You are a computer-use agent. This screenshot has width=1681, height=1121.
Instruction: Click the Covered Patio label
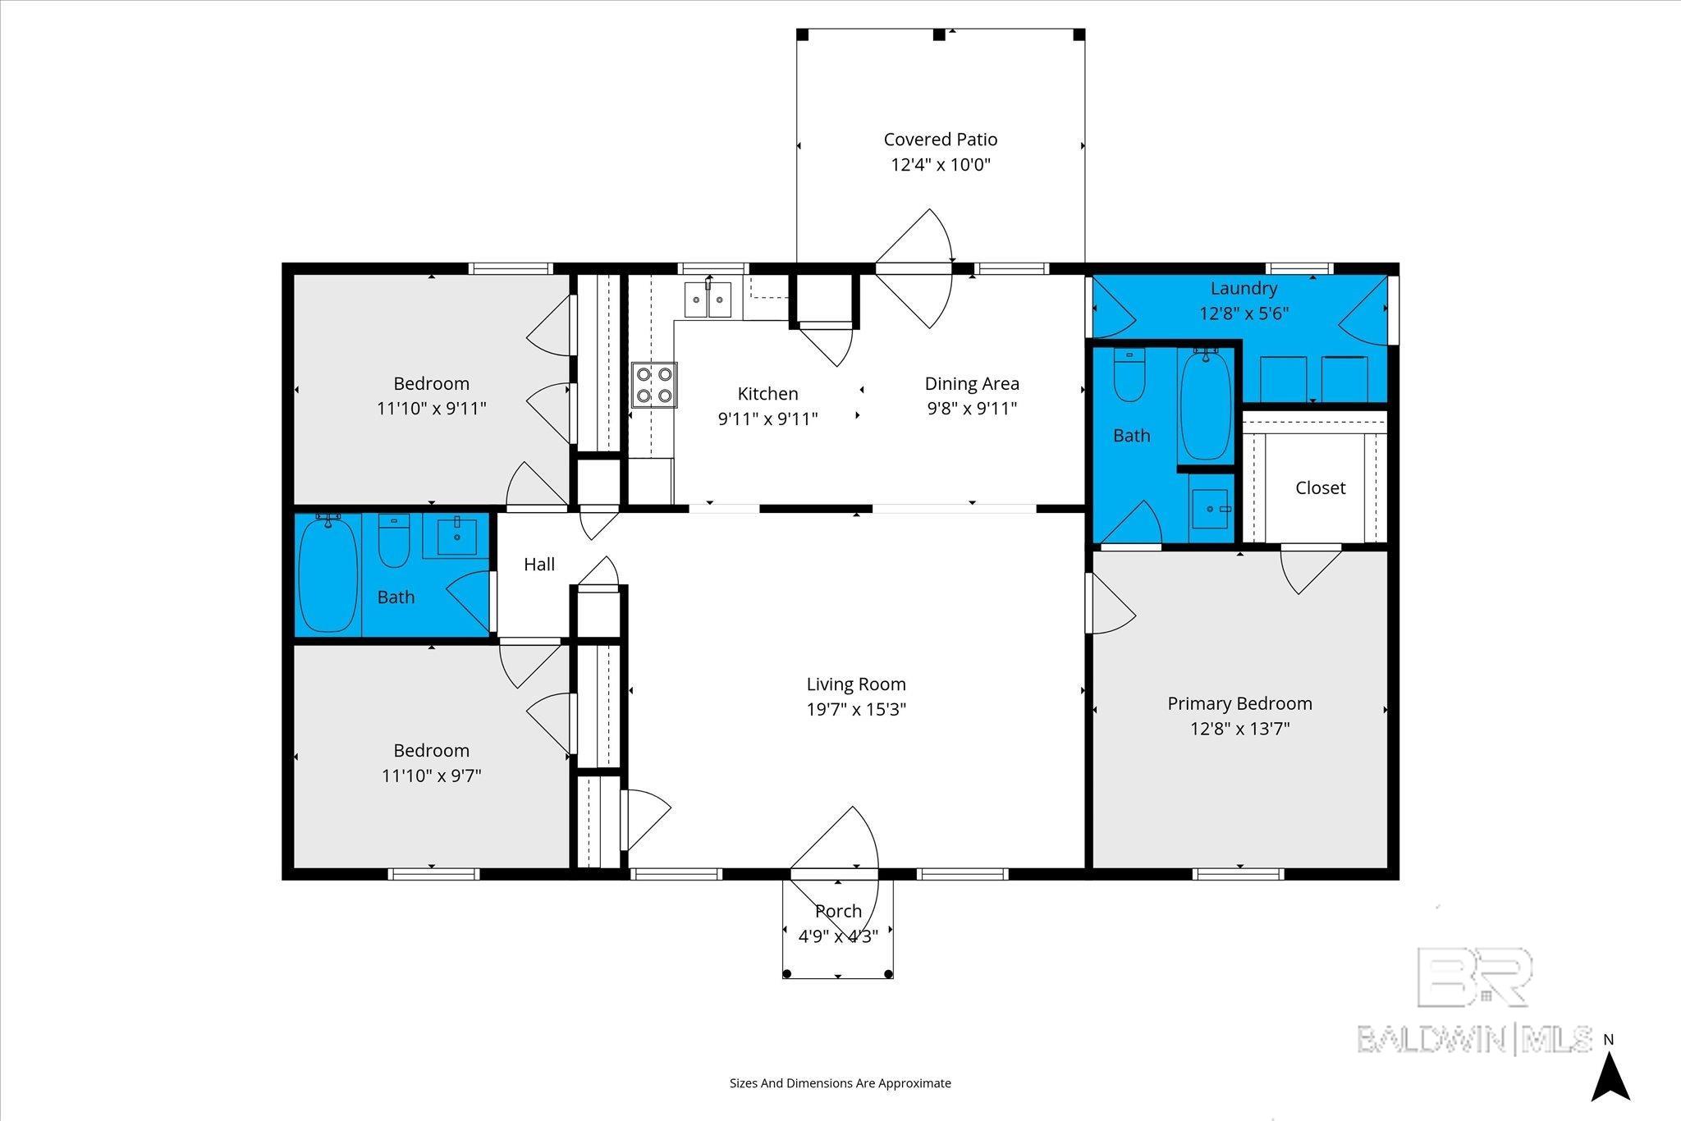(941, 140)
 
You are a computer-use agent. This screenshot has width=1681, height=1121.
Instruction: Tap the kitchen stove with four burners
(654, 385)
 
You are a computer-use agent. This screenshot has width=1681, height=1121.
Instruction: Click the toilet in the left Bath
(394, 541)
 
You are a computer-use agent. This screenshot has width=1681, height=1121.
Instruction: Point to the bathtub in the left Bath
(328, 573)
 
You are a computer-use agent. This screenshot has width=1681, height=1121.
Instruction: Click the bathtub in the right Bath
(1205, 405)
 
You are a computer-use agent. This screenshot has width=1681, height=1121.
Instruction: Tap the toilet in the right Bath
(1130, 375)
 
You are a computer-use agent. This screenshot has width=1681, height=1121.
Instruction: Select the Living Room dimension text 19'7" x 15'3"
(856, 709)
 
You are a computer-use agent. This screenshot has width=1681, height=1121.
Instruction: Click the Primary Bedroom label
(1239, 703)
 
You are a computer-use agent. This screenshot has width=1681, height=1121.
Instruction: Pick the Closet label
(1320, 487)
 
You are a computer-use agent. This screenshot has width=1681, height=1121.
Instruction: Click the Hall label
(539, 564)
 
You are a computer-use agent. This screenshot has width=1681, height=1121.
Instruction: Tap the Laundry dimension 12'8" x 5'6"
(1244, 313)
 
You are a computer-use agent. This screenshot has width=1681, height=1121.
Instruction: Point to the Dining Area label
(972, 383)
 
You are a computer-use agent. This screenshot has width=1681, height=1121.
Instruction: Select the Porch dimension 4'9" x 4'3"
(838, 936)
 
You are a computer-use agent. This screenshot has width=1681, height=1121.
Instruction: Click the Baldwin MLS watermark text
(1474, 1039)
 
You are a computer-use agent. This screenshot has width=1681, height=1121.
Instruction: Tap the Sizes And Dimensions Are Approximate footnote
(840, 1083)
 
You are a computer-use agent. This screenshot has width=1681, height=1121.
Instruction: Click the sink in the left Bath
(456, 536)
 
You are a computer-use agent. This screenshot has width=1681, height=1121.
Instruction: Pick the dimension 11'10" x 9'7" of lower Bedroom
(431, 775)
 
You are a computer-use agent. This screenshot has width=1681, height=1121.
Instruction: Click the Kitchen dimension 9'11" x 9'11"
(767, 419)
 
